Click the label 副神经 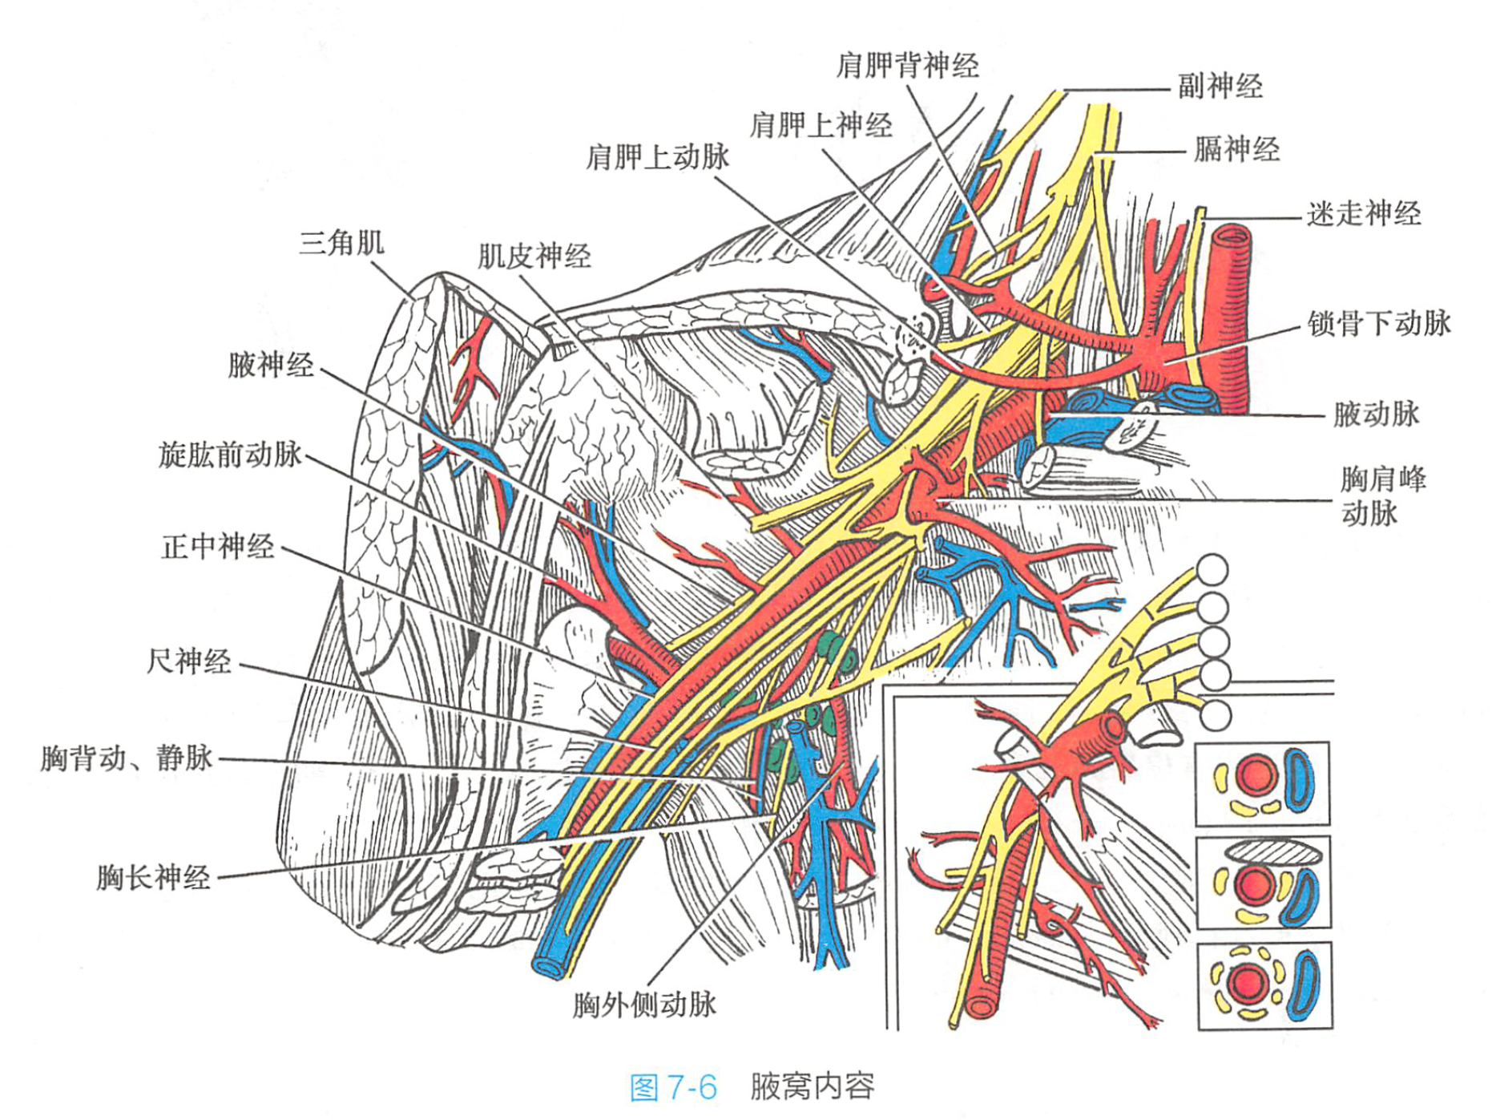coord(1219,87)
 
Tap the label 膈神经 coord(1236,150)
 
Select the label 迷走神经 coord(1363,214)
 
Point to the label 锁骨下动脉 coord(1378,324)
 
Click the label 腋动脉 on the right coord(1375,414)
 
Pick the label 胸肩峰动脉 coord(1382,496)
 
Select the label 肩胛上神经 coord(821,126)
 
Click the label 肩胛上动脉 coord(657,157)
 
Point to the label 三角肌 coord(341,242)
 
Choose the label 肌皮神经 coord(534,257)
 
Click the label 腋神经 coord(271,366)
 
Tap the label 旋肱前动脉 coord(230,455)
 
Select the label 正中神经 coord(217,548)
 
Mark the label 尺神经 coord(188,662)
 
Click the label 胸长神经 coord(153,877)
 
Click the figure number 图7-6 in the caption coord(672,1088)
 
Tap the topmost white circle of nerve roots coord(1212,570)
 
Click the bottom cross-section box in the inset coord(1264,986)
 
